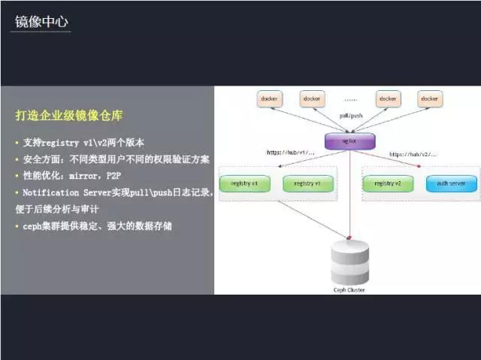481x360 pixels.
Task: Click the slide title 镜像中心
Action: coord(42,23)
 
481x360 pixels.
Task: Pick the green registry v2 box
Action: coord(388,183)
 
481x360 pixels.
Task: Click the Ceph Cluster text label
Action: coord(350,288)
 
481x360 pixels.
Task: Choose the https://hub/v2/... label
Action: coord(413,154)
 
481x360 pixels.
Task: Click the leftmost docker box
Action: coord(269,98)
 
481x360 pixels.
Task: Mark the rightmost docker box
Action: coord(429,98)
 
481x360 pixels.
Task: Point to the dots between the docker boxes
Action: coord(351,98)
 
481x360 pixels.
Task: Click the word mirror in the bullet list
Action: coord(97,176)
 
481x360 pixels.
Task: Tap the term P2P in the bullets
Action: coord(127,176)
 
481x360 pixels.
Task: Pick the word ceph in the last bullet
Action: coord(33,225)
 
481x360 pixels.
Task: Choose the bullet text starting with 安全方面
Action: coord(113,159)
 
